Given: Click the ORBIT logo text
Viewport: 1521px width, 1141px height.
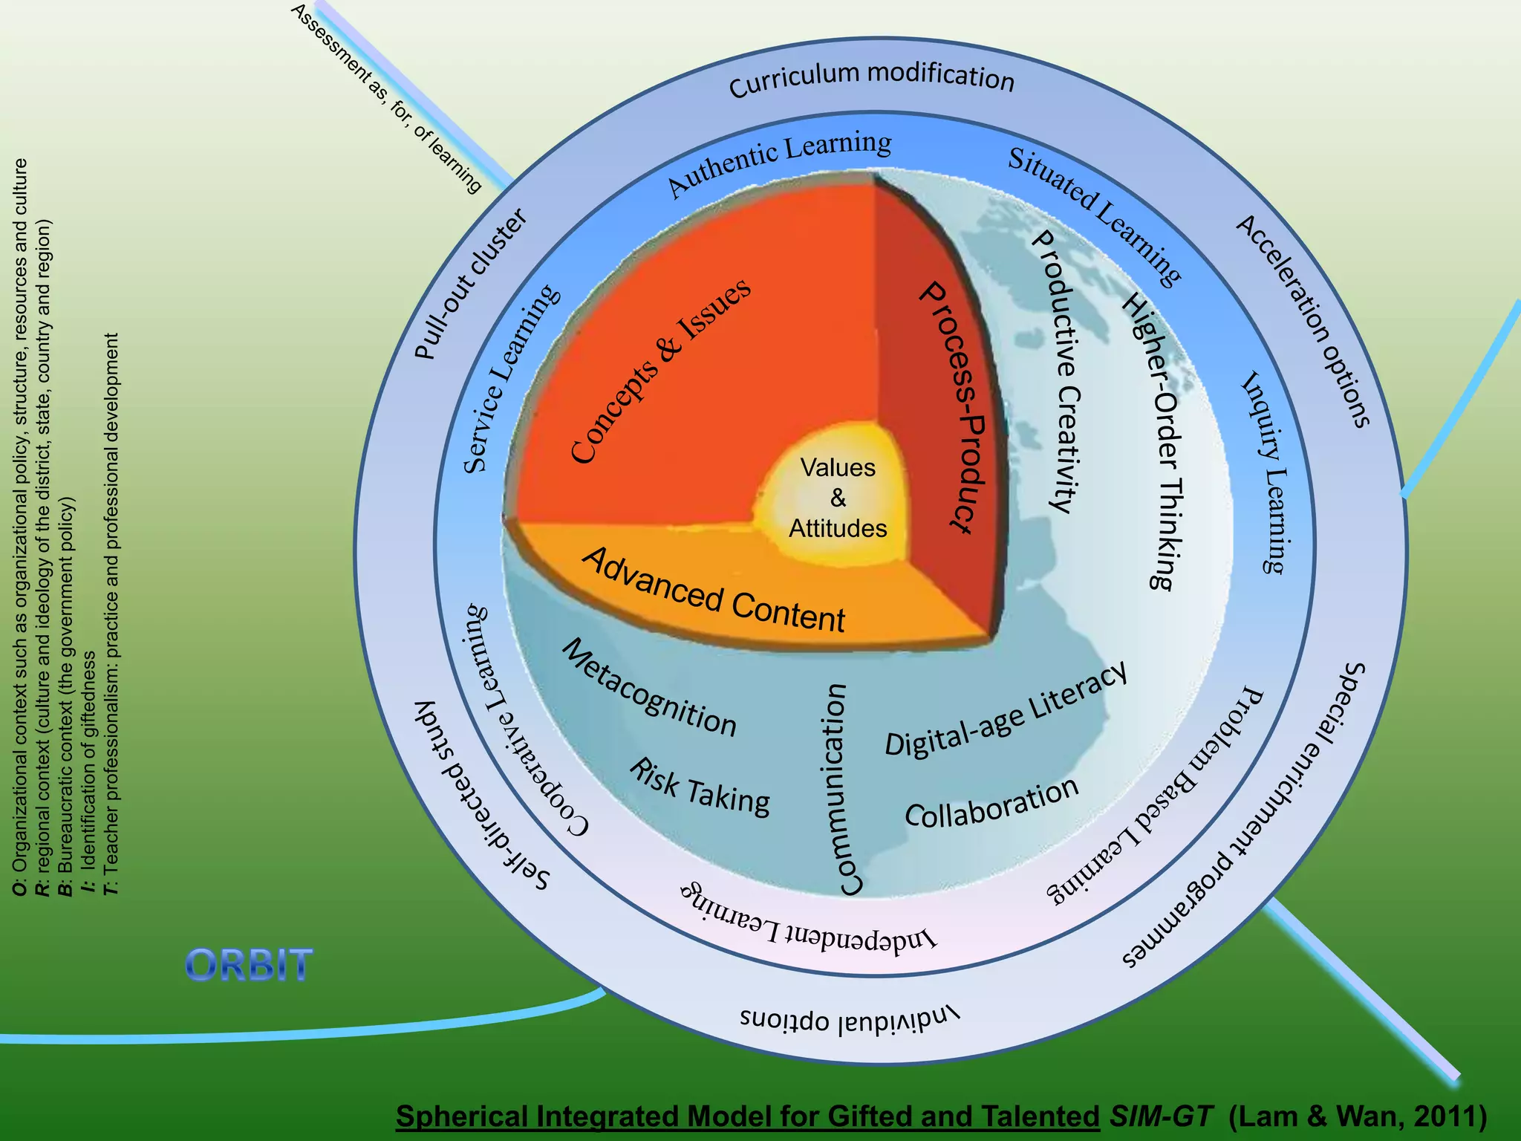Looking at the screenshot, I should click(x=249, y=966).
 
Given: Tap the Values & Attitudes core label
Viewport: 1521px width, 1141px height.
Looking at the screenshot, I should click(x=838, y=498).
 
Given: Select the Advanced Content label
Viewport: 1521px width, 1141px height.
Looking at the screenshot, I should click(x=714, y=591).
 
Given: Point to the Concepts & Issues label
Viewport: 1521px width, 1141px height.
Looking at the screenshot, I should click(x=660, y=371).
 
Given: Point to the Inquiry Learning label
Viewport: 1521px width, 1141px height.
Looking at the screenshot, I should click(x=1267, y=472).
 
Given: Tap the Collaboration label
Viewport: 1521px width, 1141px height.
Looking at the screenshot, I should click(x=991, y=803).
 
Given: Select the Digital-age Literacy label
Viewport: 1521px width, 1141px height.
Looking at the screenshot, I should click(x=1006, y=709).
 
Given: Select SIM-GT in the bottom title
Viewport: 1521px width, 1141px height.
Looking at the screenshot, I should click(x=1161, y=1116).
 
